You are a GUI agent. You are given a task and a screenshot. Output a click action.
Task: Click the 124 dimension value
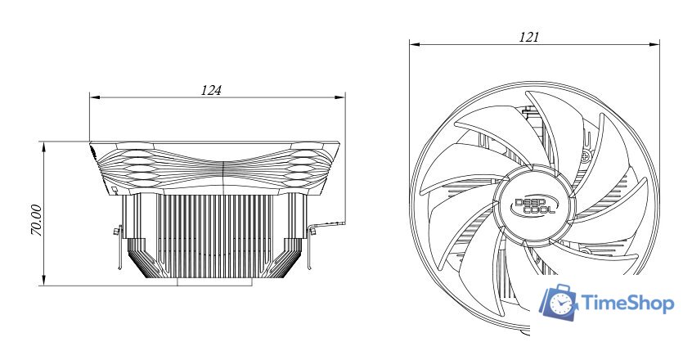pyautogui.click(x=211, y=90)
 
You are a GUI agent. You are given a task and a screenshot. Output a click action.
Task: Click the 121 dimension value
pyautogui.click(x=528, y=37)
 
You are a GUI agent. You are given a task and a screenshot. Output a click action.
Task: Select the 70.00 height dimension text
pyautogui.click(x=37, y=220)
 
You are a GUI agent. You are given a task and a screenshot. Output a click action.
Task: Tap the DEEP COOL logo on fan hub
pyautogui.click(x=535, y=206)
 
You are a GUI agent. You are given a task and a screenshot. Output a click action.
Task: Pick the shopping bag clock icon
pyautogui.click(x=559, y=301)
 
